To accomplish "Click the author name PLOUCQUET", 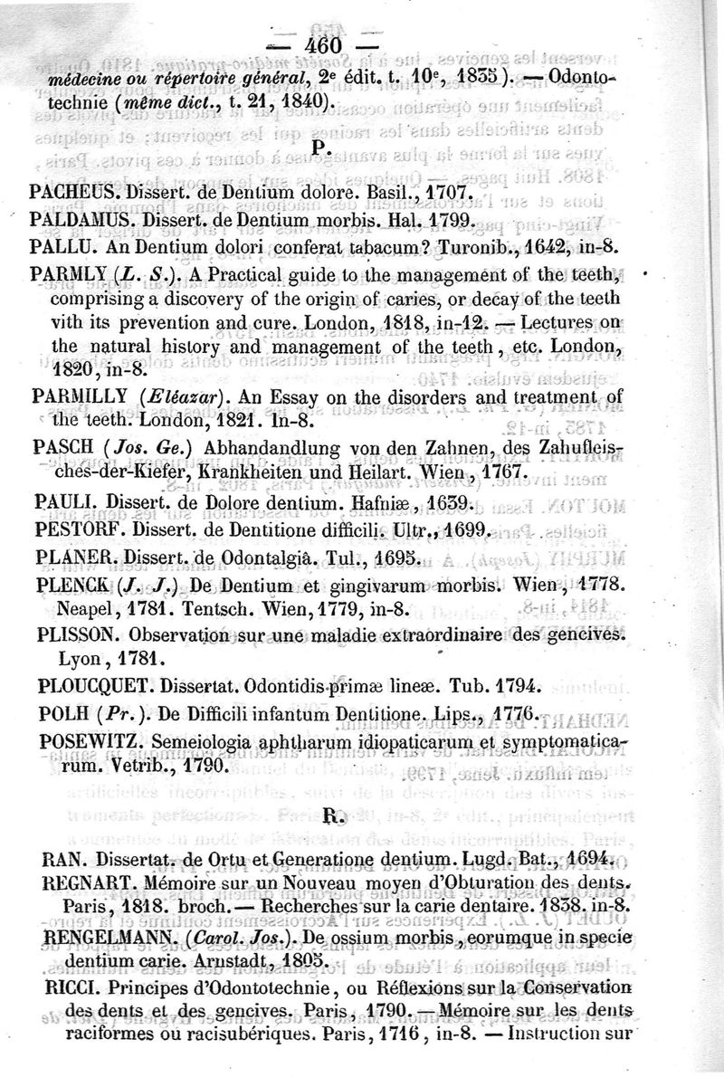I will [x=97, y=684].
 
